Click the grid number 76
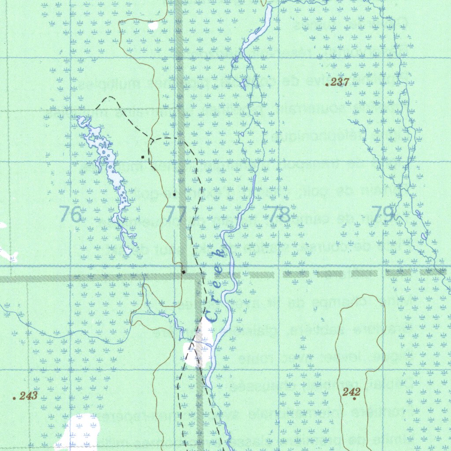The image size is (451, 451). [x=70, y=214]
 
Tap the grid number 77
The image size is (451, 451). [x=176, y=214]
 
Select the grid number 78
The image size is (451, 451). [x=280, y=214]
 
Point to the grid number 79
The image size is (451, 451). [x=383, y=214]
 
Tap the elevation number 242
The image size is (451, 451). [x=351, y=392]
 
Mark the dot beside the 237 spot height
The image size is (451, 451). [x=326, y=84]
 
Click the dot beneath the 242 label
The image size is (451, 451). [x=355, y=399]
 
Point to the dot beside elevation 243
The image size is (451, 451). [x=15, y=398]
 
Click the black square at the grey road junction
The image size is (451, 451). [x=184, y=272]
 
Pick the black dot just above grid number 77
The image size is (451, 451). [x=174, y=194]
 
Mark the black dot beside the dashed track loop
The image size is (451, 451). [x=142, y=157]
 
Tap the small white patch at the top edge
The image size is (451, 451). [x=153, y=26]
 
